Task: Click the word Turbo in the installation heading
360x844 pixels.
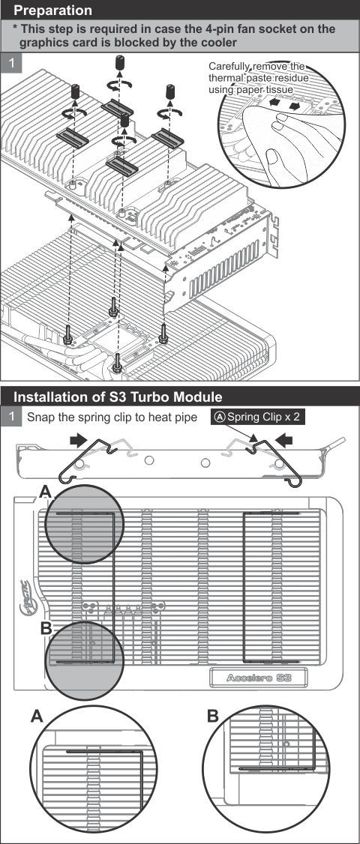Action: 139,396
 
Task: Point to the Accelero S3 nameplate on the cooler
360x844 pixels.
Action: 259,678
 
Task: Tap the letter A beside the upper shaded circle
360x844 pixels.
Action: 46,492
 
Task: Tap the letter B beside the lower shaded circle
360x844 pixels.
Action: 46,628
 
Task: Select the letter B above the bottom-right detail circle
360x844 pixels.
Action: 213,717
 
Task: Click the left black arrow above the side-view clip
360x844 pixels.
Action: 76,442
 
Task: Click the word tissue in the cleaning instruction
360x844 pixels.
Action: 277,90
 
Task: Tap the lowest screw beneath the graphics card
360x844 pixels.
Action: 117,365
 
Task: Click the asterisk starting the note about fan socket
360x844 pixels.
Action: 16,28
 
